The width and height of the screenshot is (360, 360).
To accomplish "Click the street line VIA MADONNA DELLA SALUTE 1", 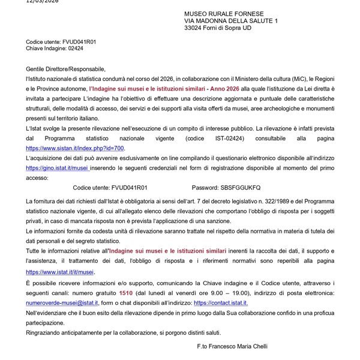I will tap(231, 21).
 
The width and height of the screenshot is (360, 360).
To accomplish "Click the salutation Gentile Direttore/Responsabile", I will tap(65, 70).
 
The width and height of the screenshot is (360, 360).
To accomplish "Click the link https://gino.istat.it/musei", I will tap(57, 169).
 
